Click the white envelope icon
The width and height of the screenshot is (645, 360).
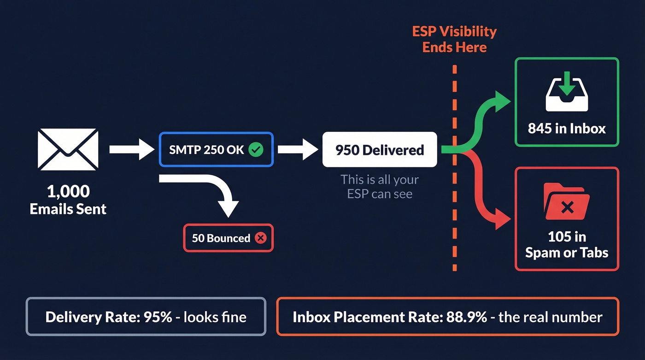pyautogui.click(x=68, y=150)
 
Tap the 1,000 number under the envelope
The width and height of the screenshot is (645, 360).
pyautogui.click(x=68, y=191)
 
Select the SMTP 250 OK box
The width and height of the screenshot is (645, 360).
pyautogui.click(x=216, y=149)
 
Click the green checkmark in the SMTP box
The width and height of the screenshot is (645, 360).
pyautogui.click(x=255, y=149)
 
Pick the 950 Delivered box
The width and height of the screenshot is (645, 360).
pyautogui.click(x=379, y=149)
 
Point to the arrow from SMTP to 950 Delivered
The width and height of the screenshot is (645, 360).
pyautogui.click(x=298, y=149)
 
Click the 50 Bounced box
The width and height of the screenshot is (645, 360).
pyautogui.click(x=228, y=238)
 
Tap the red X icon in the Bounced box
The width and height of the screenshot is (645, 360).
pyautogui.click(x=260, y=238)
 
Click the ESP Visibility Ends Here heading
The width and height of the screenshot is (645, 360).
pyautogui.click(x=454, y=39)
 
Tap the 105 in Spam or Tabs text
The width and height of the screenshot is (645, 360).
pyautogui.click(x=566, y=245)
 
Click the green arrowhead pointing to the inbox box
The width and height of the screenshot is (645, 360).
pyautogui.click(x=503, y=99)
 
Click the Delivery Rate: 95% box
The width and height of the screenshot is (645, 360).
pyautogui.click(x=146, y=317)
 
